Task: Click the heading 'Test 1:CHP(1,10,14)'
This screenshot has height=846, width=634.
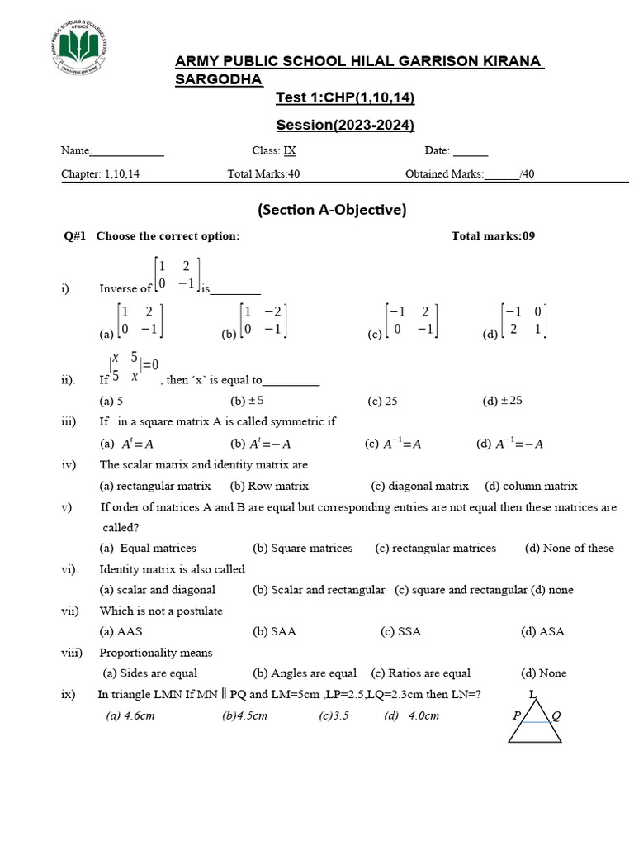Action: coord(345,99)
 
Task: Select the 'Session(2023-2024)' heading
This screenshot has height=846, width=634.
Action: coord(345,126)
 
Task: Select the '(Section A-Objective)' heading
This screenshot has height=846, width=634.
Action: coord(332,210)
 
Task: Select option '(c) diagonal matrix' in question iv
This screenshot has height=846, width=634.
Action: coord(419,487)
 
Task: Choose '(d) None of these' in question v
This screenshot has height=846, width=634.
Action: coord(569,549)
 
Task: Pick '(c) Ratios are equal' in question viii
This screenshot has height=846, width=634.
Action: coord(421,673)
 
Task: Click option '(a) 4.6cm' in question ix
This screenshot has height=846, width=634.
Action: coord(130,716)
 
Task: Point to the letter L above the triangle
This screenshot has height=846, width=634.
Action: coord(532,694)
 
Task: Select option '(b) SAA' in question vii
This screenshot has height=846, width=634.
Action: coord(274,632)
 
